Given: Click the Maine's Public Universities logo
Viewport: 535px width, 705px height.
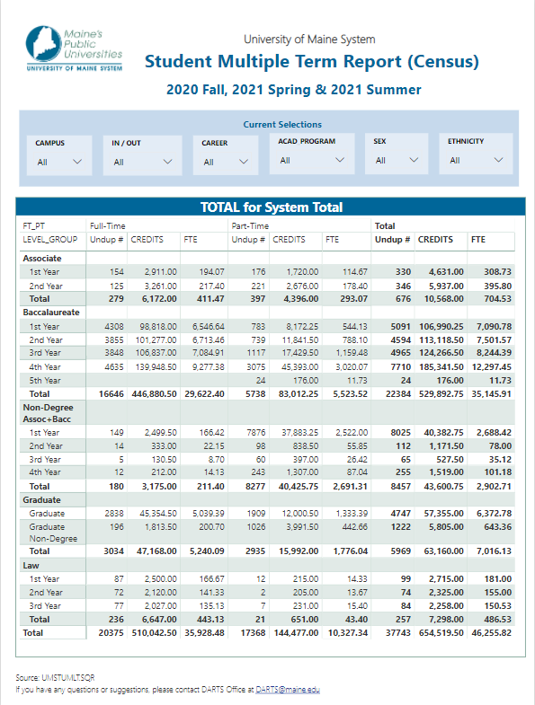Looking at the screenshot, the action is (75, 48).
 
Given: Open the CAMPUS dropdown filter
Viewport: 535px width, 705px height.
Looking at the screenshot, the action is (59, 155).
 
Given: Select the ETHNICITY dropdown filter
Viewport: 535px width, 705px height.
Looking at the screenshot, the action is (476, 154).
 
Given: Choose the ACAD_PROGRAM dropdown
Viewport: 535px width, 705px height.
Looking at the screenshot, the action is (312, 154).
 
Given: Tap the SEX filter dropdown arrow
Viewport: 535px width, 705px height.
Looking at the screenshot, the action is (414, 160).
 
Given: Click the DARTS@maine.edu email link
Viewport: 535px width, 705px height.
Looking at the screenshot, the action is (288, 689).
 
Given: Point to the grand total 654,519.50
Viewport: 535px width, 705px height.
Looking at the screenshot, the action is (441, 632).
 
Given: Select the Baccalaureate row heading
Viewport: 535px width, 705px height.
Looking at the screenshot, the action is (51, 312).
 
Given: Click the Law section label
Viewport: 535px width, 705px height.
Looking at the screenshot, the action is (31, 565).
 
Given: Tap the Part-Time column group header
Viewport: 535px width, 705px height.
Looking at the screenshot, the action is (250, 225).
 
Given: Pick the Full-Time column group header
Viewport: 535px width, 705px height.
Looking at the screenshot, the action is (108, 225).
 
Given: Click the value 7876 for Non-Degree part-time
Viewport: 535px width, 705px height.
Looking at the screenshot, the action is (255, 433).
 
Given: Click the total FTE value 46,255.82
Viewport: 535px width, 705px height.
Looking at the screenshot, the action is (491, 632).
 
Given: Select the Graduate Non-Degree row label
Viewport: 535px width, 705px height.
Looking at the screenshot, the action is (53, 533).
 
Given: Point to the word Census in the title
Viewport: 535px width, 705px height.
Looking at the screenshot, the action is (443, 62).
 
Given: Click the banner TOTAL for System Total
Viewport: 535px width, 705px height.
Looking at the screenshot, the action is (272, 207).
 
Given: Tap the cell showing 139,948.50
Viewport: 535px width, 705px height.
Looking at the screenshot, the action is (156, 367).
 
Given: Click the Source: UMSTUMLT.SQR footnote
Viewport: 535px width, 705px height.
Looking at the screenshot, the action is (55, 677).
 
